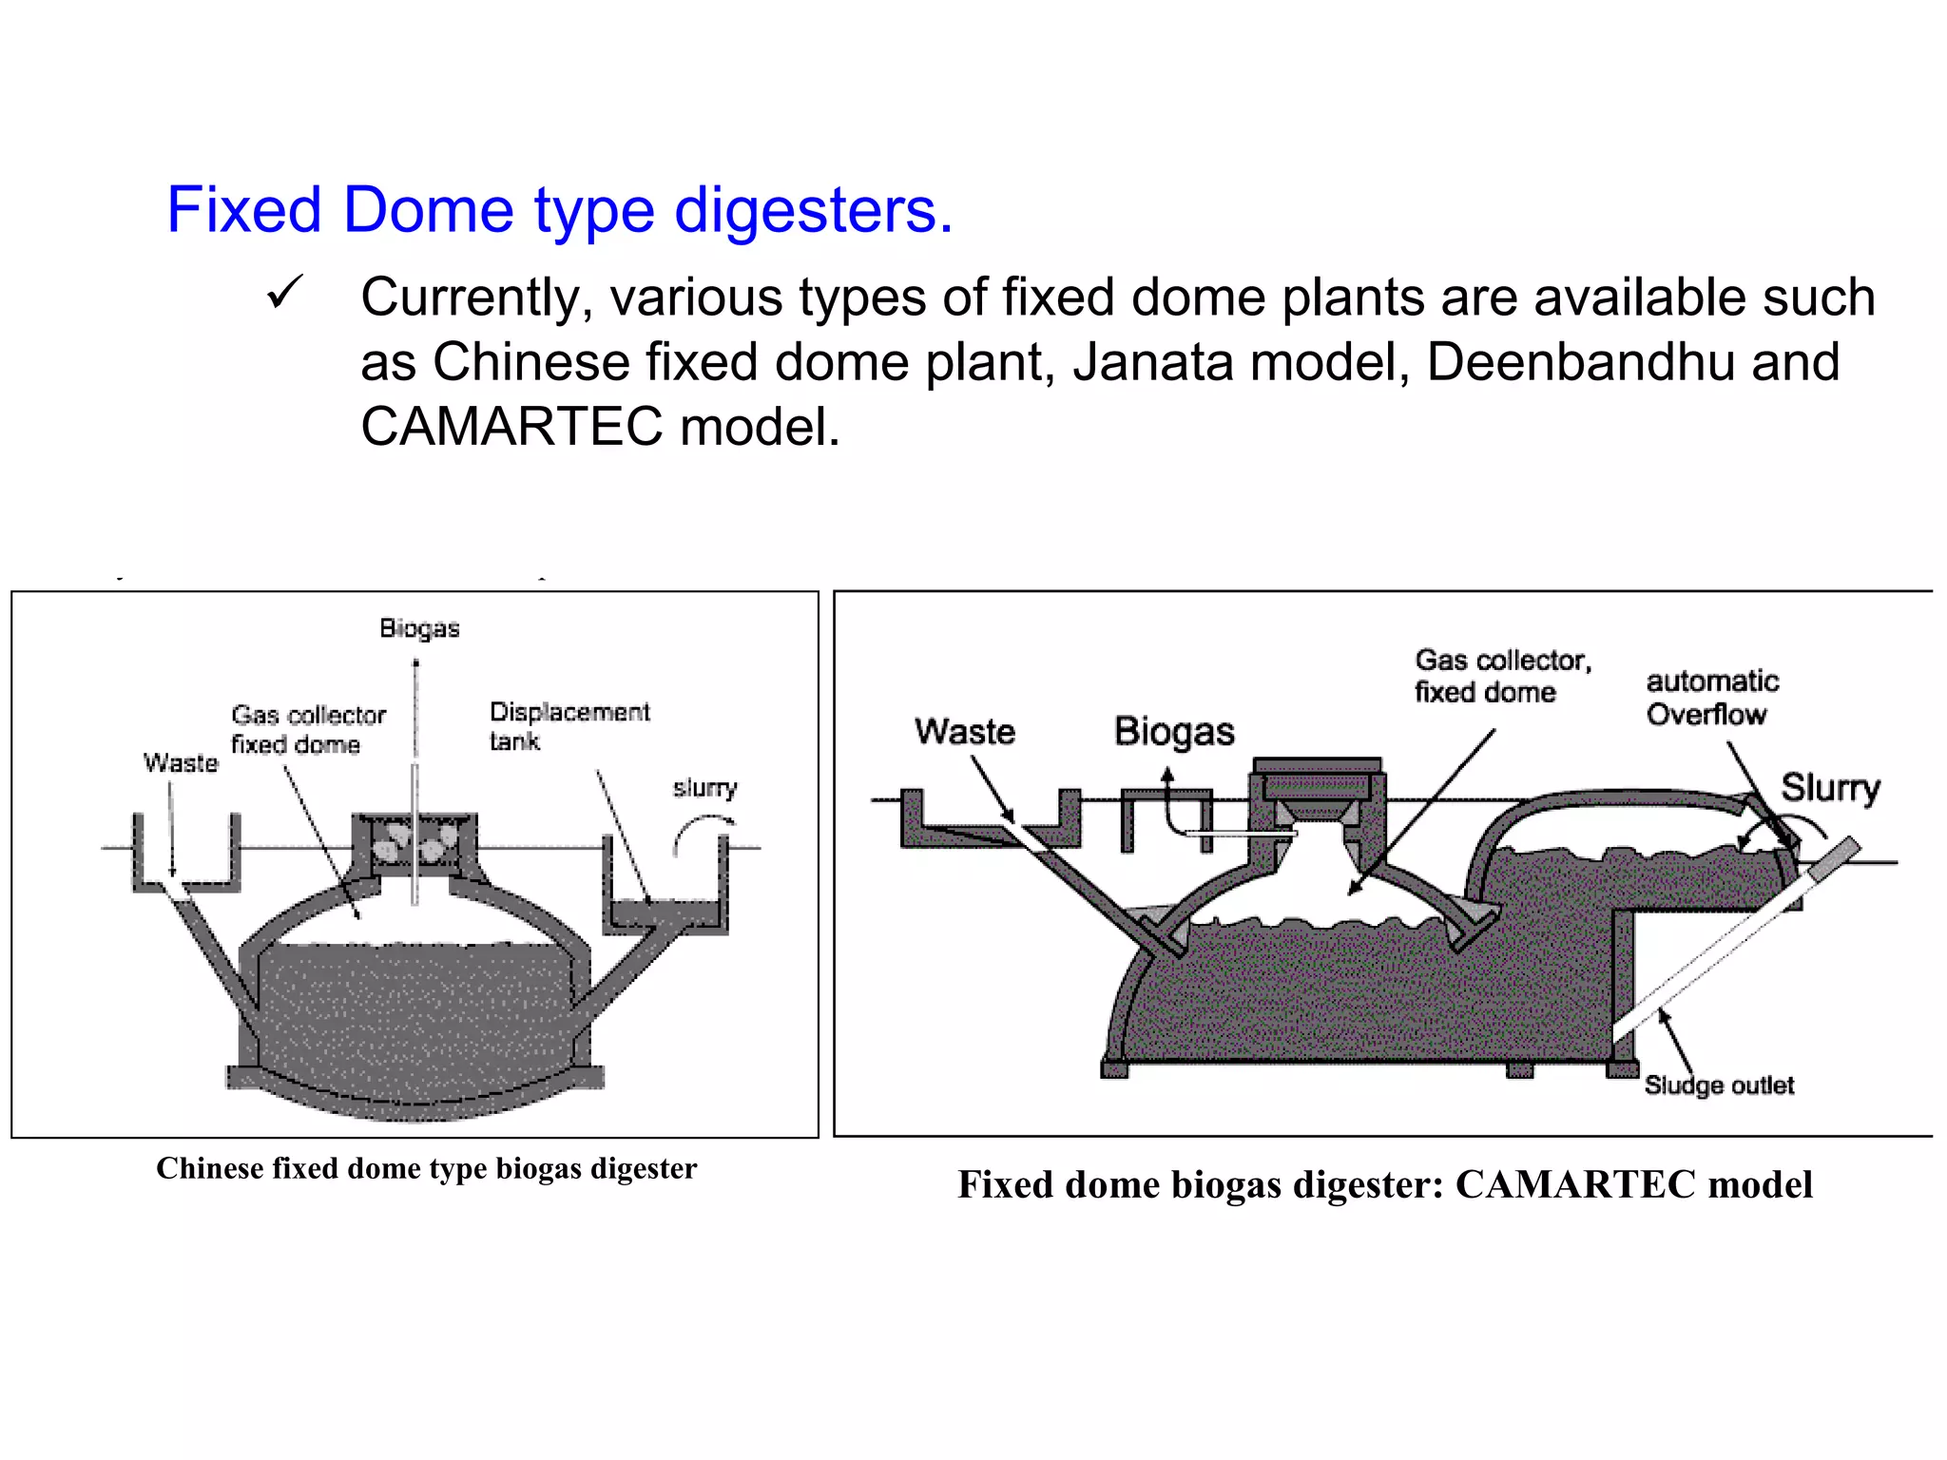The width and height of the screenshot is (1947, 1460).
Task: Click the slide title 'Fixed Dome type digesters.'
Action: [560, 210]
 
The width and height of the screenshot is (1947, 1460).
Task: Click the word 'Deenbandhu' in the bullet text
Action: [1580, 361]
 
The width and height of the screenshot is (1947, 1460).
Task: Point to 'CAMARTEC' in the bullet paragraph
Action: [511, 426]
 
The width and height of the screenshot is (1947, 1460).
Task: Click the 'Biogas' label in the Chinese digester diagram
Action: [419, 629]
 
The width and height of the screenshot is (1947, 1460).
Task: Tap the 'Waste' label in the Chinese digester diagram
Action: [181, 762]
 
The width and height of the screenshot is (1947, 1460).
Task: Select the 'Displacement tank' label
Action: [569, 726]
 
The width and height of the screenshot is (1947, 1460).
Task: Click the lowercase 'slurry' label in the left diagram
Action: [705, 788]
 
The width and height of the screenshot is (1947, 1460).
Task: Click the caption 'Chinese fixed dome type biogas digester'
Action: [427, 1168]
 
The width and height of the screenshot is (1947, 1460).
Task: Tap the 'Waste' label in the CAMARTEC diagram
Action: [965, 731]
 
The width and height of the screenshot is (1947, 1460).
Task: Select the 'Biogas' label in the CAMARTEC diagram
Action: [1174, 732]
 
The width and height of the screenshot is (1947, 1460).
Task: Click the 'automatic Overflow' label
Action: [1712, 698]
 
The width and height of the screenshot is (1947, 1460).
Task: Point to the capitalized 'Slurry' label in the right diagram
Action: [1830, 788]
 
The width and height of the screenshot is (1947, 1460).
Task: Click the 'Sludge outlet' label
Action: [1719, 1085]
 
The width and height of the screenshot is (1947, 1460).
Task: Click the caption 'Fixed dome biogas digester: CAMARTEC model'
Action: [1385, 1184]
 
